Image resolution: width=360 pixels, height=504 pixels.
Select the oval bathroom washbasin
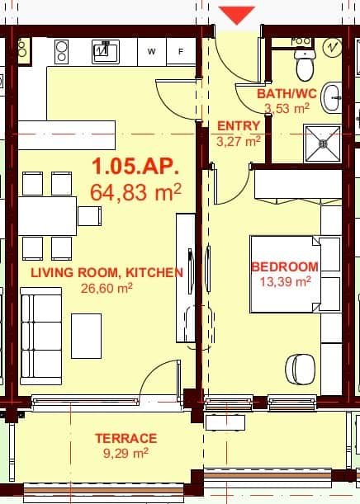coord(331,97)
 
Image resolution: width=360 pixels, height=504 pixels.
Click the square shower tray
coord(321,144)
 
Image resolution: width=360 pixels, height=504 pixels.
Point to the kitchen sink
coord(104,52)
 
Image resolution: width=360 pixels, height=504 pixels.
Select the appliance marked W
coord(152,51)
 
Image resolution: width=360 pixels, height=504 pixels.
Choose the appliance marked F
coord(181,51)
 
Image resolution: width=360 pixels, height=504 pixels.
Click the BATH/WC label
coord(283,94)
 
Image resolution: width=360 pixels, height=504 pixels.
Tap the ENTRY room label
coord(239,126)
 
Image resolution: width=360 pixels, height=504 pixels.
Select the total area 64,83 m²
coord(135,193)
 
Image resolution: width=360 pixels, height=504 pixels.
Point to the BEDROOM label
coord(284,266)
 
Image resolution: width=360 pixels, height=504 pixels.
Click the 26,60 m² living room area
coord(107,288)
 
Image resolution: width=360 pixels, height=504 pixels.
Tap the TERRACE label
coord(126,438)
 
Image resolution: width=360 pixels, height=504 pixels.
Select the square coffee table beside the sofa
coord(86,336)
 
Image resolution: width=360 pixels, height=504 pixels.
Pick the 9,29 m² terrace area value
coord(126,452)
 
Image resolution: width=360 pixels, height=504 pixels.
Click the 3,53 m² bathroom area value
coord(286,108)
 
